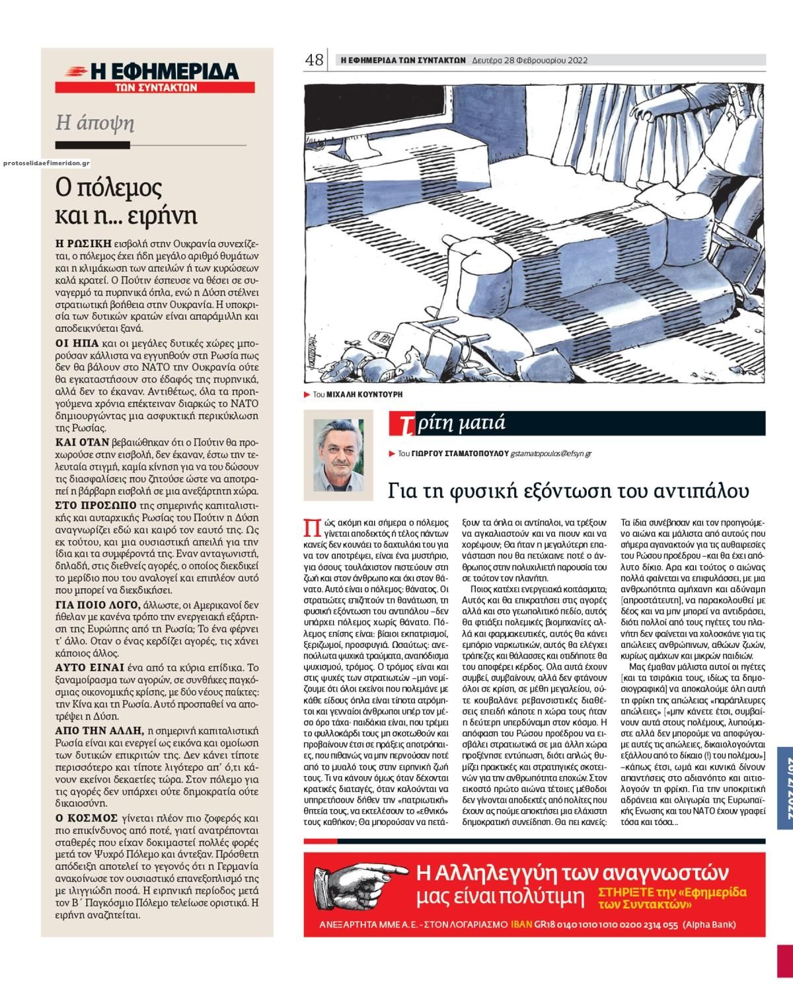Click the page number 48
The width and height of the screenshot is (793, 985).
point(313,60)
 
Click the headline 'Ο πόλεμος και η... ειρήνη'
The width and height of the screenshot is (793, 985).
point(127,202)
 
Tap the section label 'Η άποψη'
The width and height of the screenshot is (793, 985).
point(95,123)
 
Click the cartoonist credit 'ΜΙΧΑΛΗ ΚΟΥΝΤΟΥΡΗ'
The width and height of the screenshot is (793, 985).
point(365,394)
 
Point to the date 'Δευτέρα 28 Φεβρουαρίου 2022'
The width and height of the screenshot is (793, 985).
point(530,60)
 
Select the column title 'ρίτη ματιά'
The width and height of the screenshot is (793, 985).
point(461,424)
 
